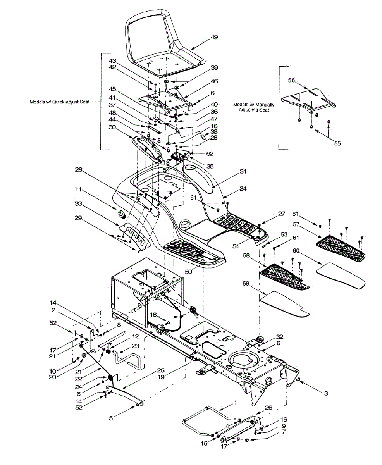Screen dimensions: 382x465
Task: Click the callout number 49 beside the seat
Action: point(214,37)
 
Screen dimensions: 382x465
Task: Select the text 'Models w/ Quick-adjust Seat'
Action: point(60,102)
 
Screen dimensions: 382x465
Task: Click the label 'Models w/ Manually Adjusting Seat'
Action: point(254,107)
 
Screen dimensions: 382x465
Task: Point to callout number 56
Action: point(291,80)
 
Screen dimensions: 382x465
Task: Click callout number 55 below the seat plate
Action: point(337,143)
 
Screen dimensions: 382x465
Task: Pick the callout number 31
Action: point(243,171)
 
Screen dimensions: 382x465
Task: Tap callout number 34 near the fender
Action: point(243,188)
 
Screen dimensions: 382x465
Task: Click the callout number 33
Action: point(79,203)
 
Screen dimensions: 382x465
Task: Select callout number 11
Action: point(79,189)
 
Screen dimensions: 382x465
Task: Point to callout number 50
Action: point(188,272)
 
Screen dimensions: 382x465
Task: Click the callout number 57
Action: point(296,224)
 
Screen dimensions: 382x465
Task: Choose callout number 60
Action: point(296,251)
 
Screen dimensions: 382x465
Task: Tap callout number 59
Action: point(246,283)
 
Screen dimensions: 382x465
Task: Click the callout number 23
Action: point(135,346)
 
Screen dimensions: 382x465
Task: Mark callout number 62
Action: point(210,153)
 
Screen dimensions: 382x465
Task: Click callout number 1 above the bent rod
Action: point(235,403)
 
